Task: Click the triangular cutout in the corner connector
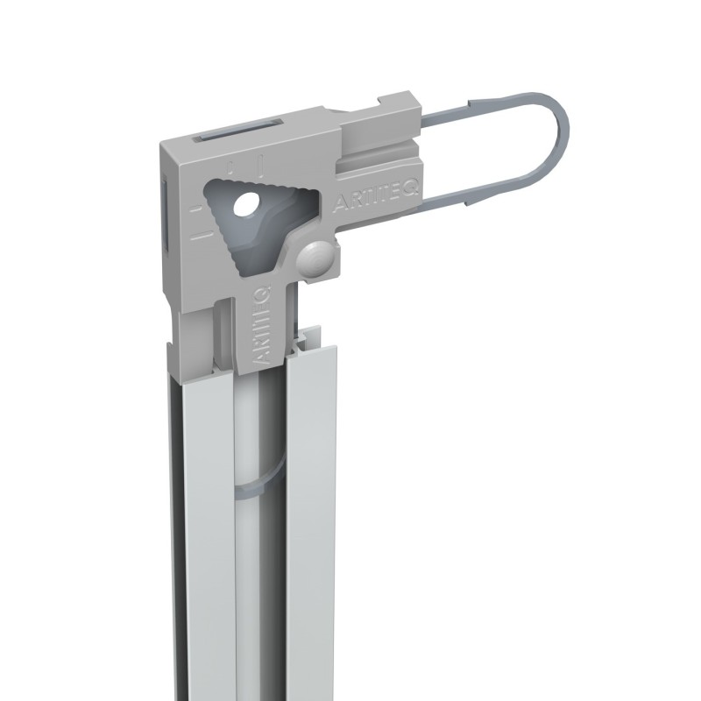263,219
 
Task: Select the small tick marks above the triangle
245,164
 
